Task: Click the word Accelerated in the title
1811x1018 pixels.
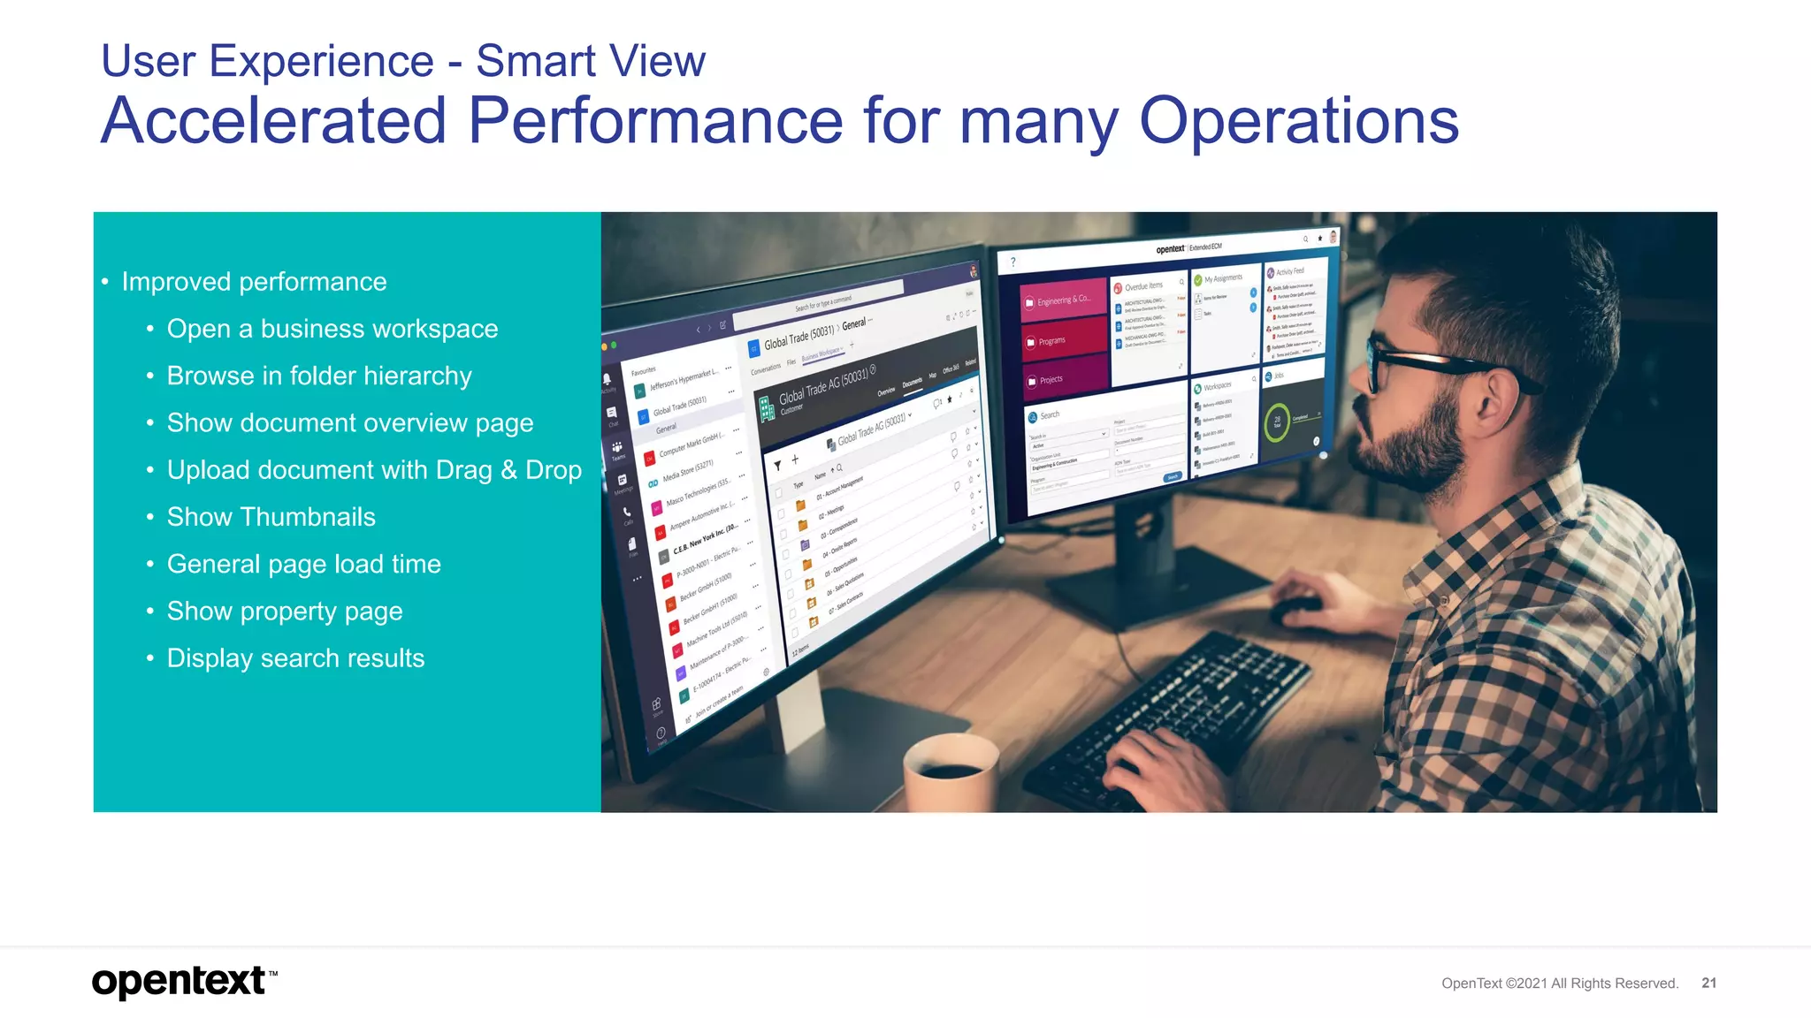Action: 274,121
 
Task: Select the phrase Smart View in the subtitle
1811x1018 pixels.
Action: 590,62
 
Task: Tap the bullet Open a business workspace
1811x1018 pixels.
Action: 332,329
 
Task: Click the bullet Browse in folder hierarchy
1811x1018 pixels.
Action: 318,376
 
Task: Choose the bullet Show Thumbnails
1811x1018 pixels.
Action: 271,517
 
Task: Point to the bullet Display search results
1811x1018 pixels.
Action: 295,658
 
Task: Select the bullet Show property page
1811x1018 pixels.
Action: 284,612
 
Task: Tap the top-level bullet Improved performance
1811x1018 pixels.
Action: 254,282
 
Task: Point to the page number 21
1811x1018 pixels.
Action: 1708,983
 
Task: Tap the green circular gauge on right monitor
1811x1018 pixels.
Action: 1277,422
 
